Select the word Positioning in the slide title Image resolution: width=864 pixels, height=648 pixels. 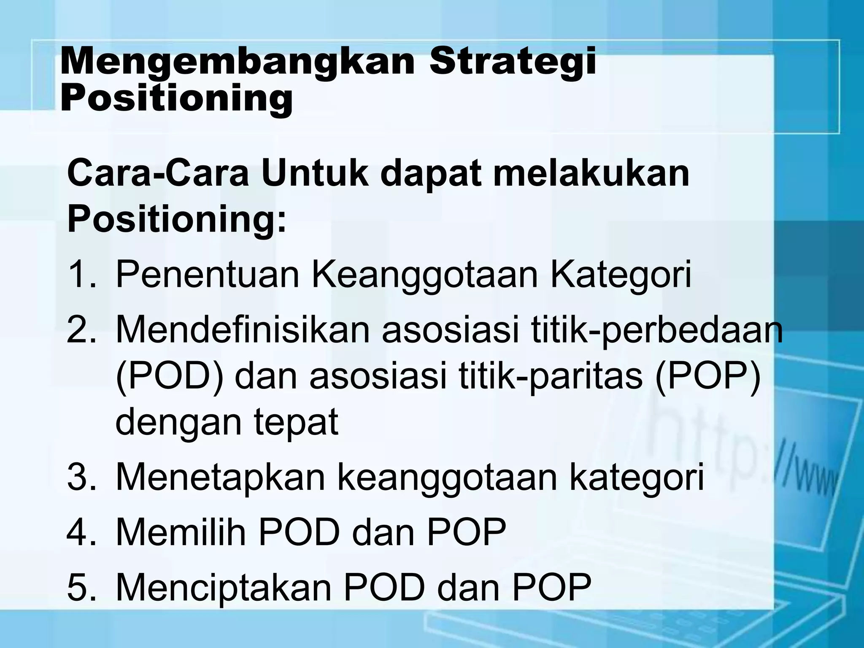click(x=176, y=99)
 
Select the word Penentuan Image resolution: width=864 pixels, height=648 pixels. click(x=207, y=275)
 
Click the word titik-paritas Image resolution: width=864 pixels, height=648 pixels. click(x=551, y=377)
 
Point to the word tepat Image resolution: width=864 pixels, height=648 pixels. click(x=296, y=423)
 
